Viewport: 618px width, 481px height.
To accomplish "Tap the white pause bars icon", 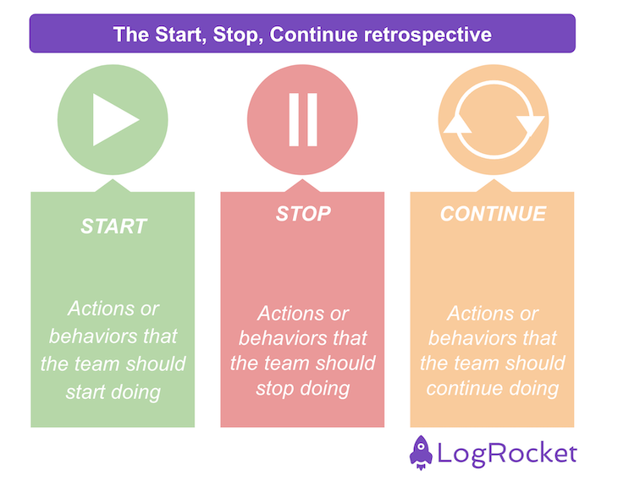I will pos(302,119).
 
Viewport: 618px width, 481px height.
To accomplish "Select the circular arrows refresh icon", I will pos(493,119).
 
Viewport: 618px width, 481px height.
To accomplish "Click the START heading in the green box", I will pos(113,227).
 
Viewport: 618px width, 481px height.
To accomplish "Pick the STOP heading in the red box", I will pos(302,213).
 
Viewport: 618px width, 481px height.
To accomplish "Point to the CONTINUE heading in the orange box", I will pos(493,213).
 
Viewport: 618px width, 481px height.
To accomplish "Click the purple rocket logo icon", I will pos(421,453).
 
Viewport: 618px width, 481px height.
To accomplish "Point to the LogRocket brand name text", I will pos(506,454).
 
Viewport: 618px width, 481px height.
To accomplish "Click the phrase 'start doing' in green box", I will pos(113,392).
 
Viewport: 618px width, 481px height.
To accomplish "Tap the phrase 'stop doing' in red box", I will pos(302,389).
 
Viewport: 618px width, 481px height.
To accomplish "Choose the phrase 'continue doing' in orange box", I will pos(492,389).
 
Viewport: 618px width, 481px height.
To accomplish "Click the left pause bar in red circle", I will pos(293,119).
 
